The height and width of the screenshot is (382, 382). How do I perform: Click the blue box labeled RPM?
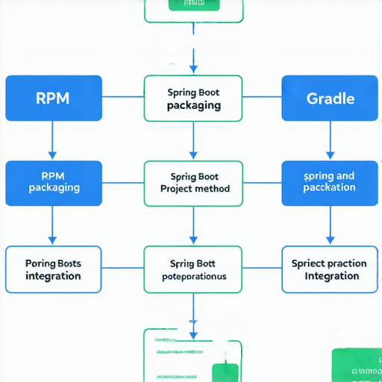click(54, 98)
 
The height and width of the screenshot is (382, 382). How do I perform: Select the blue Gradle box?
click(330, 98)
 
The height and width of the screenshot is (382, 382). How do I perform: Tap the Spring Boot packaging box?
click(193, 98)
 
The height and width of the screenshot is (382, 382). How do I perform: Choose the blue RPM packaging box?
click(54, 183)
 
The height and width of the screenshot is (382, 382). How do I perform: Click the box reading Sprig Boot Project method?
click(193, 183)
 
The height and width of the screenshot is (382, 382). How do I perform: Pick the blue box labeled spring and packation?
click(330, 183)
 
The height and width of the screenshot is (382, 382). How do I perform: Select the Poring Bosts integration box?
click(54, 269)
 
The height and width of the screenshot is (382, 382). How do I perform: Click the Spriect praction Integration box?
click(330, 269)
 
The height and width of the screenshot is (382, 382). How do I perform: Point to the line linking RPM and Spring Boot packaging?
click(122, 97)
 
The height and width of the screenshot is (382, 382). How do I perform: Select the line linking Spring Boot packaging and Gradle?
click(262, 97)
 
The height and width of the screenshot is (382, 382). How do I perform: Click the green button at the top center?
click(193, 4)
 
